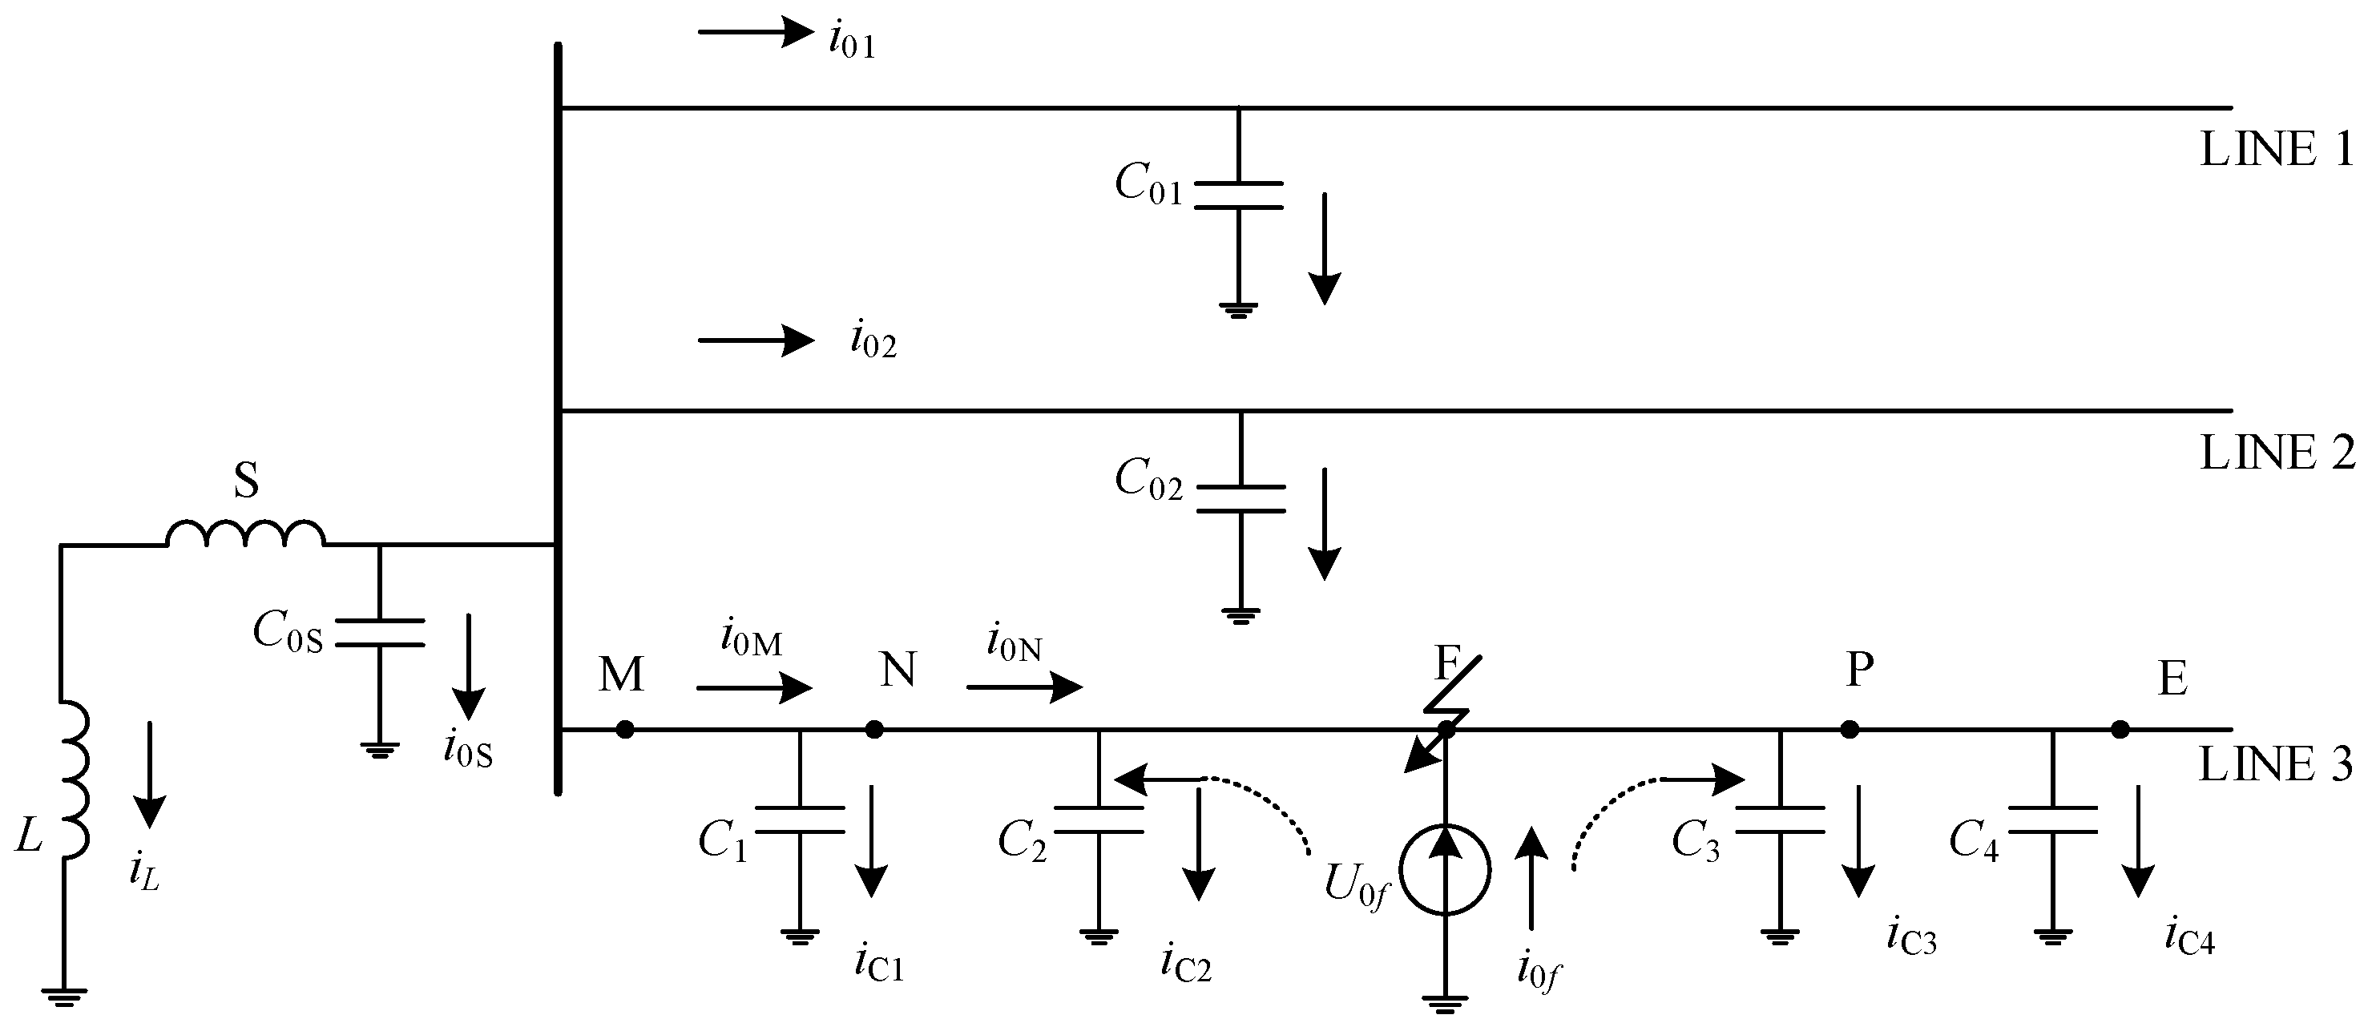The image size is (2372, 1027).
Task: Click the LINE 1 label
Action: click(2274, 150)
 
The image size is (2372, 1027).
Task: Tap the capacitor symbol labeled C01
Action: click(1238, 195)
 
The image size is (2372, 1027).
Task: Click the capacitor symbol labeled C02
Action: click(1240, 497)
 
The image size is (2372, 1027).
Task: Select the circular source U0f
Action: click(1445, 870)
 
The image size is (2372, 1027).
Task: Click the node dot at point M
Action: click(625, 730)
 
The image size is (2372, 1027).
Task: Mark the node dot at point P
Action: click(1849, 730)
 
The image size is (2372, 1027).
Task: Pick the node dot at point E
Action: click(2120, 730)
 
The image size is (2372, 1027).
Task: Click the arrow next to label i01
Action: click(755, 32)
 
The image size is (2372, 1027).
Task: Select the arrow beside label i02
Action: click(755, 341)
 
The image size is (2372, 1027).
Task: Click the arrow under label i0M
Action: click(753, 687)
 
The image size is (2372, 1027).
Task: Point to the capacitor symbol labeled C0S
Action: click(379, 632)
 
